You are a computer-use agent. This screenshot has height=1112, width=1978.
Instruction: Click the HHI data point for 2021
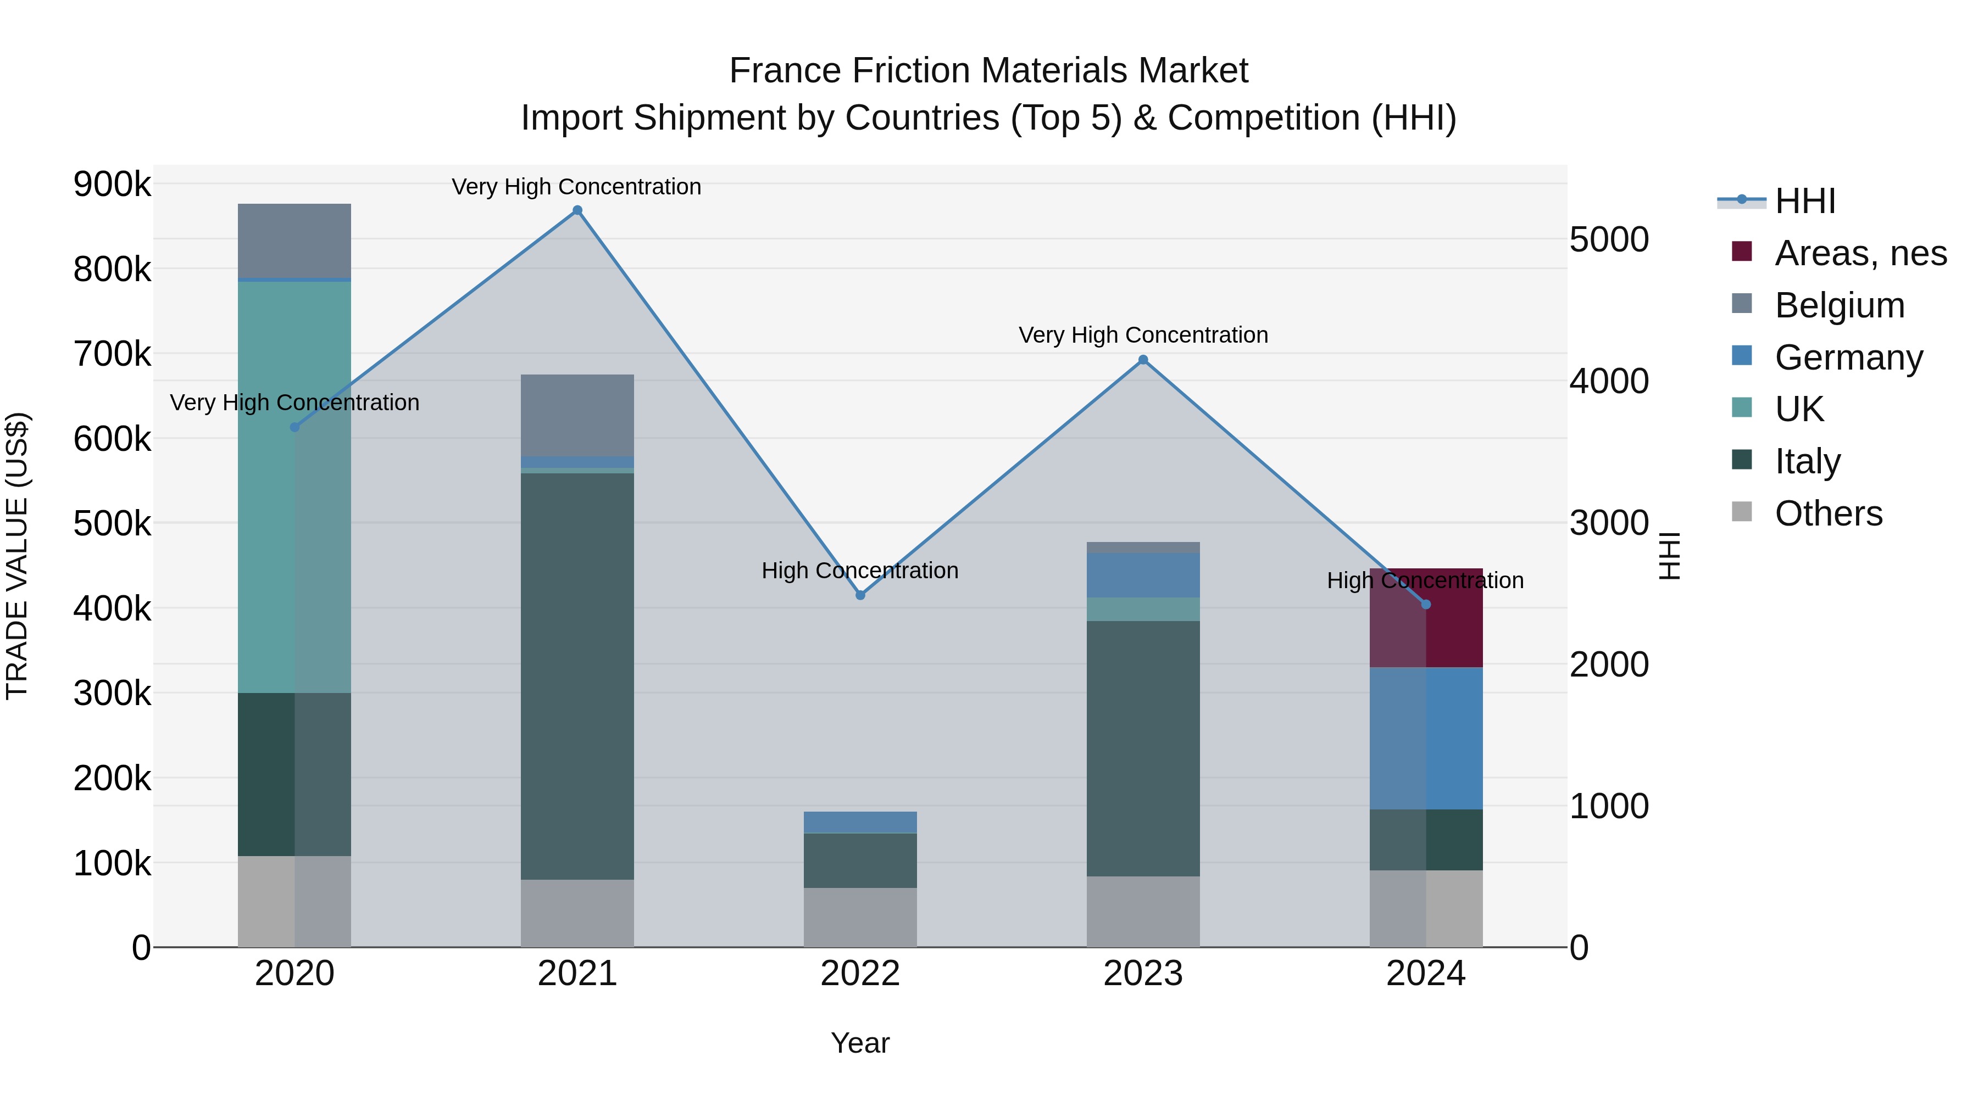[x=577, y=210]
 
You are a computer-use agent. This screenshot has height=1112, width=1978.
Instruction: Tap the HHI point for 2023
[x=1143, y=360]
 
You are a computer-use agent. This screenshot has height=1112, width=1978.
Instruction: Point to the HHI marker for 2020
[x=295, y=427]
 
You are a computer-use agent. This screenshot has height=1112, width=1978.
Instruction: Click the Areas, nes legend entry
[x=1860, y=253]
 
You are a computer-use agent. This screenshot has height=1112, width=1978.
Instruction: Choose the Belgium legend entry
[x=1840, y=305]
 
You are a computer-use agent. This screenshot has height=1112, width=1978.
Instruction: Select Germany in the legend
[x=1848, y=357]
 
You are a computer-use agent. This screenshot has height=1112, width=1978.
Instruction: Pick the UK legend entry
[x=1799, y=409]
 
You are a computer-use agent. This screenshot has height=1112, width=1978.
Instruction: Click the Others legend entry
[x=1828, y=513]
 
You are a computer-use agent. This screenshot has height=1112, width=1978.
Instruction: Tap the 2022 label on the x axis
[x=860, y=974]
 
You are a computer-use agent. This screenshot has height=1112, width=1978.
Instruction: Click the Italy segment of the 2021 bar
[x=577, y=675]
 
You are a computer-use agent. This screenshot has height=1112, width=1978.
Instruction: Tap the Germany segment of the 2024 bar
[x=1426, y=737]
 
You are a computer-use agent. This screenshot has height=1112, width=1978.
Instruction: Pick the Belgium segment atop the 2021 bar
[x=577, y=415]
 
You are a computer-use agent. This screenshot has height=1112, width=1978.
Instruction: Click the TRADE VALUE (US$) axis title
[x=18, y=556]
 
